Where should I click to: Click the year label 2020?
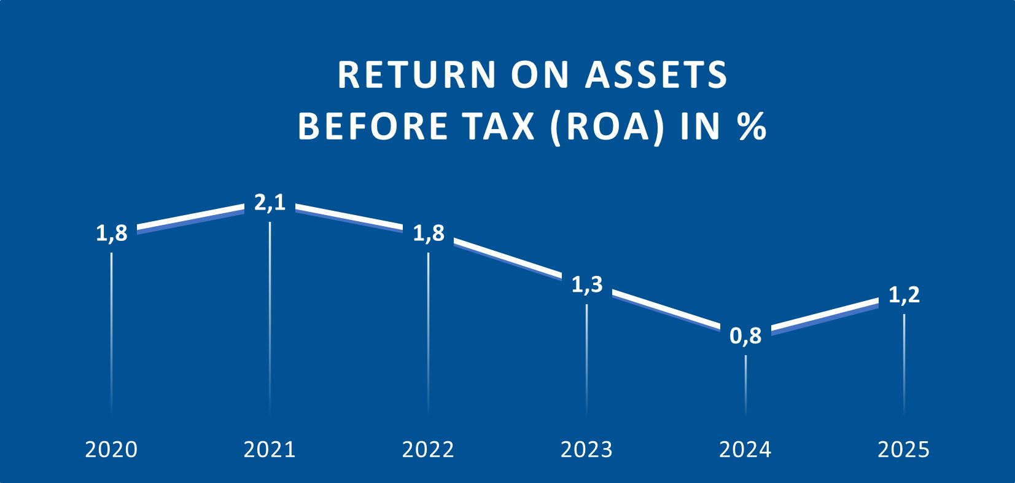(x=111, y=450)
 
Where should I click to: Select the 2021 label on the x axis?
(x=270, y=450)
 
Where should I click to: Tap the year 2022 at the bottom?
(x=428, y=450)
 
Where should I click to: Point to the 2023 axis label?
(x=586, y=450)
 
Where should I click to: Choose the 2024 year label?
(x=745, y=450)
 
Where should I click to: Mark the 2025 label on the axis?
(x=903, y=450)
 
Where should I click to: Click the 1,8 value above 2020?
(x=112, y=233)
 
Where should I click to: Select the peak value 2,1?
(x=270, y=202)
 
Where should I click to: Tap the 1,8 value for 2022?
(x=429, y=233)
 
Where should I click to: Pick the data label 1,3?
(x=587, y=285)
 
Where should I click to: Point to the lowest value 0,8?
(x=745, y=336)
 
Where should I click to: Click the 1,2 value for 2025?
(x=904, y=295)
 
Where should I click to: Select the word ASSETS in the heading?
(x=656, y=75)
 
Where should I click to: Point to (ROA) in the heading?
(x=607, y=127)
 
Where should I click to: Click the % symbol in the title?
(x=752, y=126)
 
